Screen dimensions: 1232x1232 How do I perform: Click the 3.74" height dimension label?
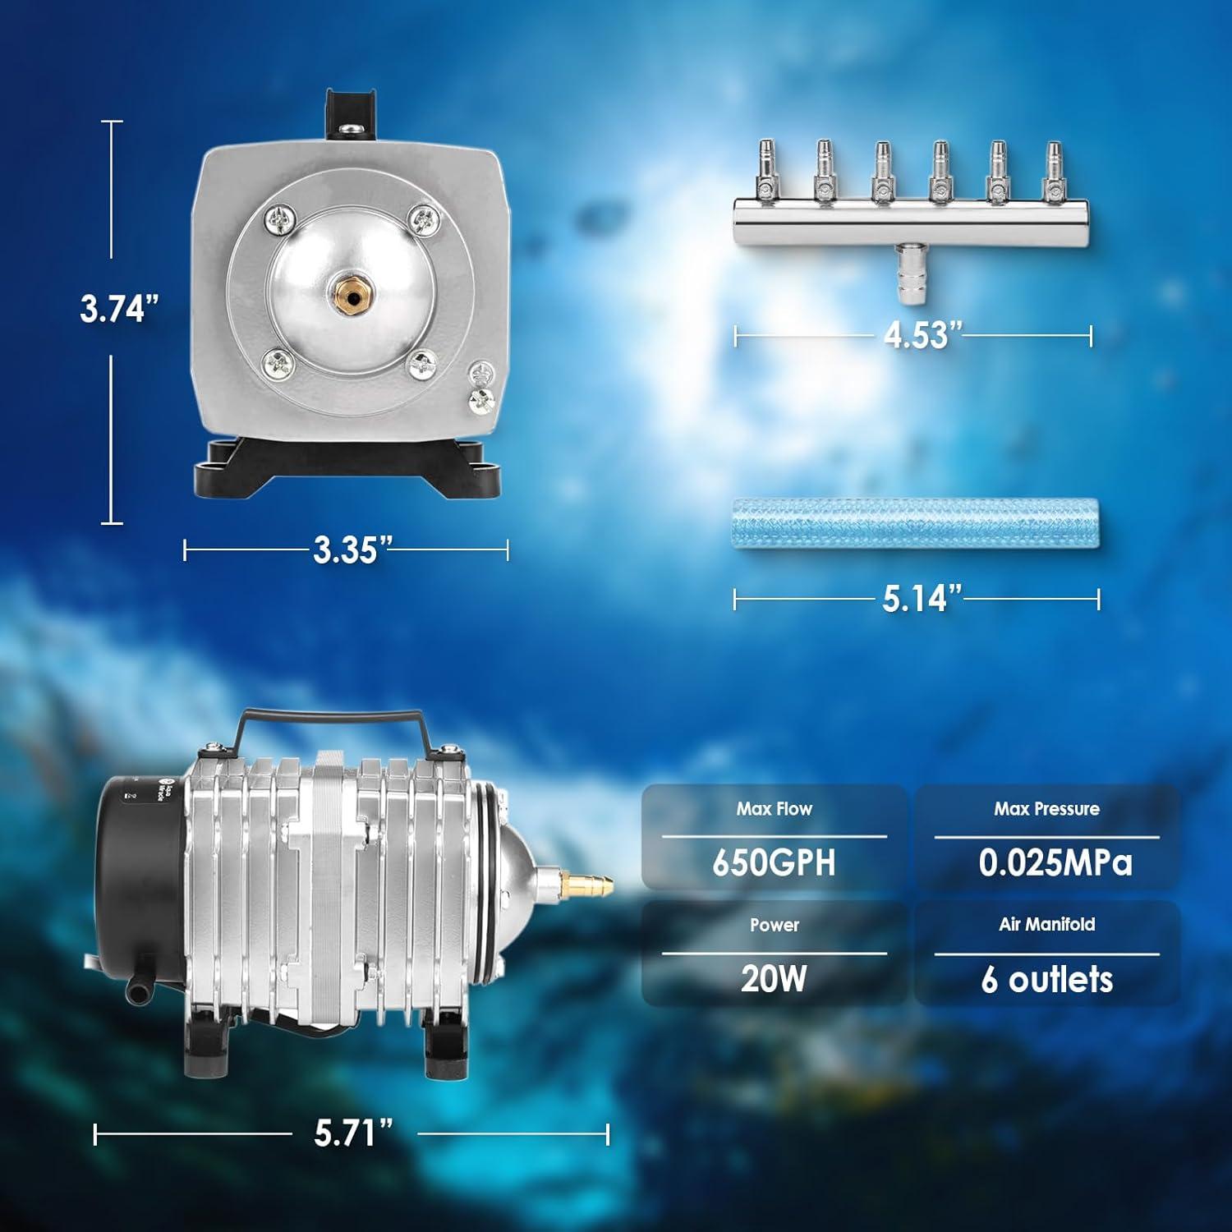click(118, 309)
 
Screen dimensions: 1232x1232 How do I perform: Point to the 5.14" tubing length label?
click(921, 599)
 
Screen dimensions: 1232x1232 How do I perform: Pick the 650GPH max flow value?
click(774, 863)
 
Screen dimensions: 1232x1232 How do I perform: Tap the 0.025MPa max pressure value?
click(1055, 863)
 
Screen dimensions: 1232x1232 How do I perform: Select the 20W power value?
click(774, 978)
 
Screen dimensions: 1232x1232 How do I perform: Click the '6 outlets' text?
click(1046, 979)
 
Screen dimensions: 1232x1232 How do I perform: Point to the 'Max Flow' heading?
click(774, 809)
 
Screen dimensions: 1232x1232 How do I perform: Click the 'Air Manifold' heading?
click(1046, 924)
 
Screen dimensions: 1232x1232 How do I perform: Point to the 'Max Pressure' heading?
click(1046, 809)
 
